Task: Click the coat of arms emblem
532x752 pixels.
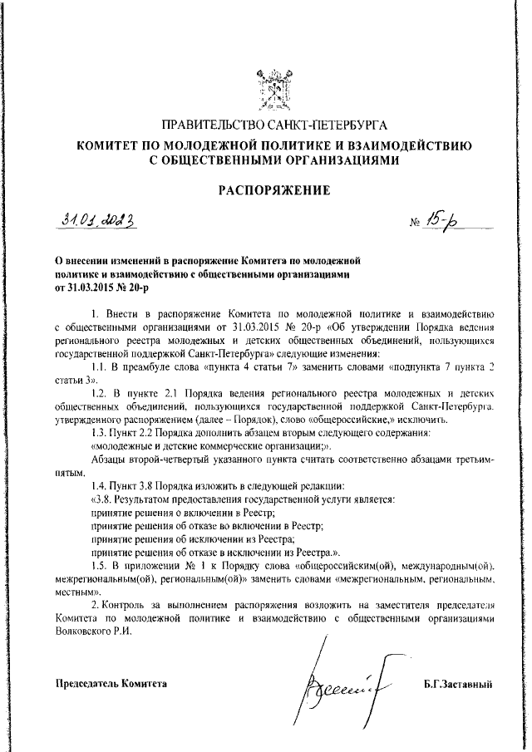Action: click(274, 87)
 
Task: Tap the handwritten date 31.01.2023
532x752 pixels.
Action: click(99, 221)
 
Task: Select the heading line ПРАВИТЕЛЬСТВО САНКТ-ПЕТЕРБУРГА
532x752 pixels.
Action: click(274, 127)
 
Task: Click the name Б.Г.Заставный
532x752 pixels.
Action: click(458, 684)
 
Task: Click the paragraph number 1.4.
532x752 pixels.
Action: click(100, 485)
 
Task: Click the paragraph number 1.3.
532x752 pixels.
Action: click(100, 433)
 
